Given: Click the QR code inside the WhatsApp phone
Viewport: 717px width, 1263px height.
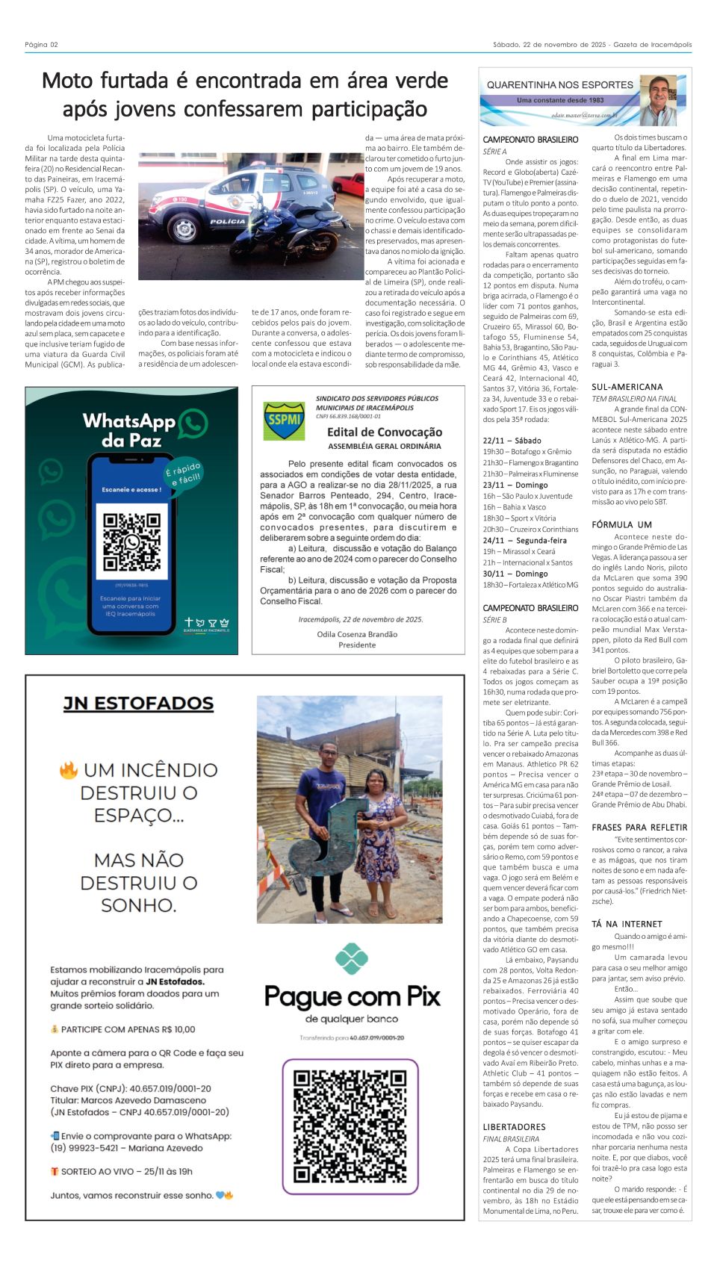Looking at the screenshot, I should point(131,542).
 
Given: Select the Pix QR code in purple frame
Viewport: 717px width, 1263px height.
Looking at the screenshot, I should point(350,1126).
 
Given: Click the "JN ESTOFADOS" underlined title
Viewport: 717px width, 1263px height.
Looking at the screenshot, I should point(138,704).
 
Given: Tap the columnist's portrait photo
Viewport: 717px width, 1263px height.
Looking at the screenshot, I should point(658,100).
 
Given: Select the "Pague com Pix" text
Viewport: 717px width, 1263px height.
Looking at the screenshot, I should point(352,997).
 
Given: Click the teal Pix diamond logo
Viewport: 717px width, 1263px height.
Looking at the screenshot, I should point(351,959).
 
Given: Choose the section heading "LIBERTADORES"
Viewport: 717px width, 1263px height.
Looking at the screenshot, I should point(514,1127).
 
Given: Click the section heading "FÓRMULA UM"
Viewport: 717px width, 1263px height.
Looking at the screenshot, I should point(621,525).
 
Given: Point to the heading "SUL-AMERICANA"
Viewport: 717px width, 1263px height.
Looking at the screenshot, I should point(627,387).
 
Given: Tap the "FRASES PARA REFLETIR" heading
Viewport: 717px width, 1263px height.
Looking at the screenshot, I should point(639,828).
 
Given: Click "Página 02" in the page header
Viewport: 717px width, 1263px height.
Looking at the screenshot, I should point(41,45).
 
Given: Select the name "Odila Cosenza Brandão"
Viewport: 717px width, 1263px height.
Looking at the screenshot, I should point(357,634).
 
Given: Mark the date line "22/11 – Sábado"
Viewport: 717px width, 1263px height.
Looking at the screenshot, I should point(512,441).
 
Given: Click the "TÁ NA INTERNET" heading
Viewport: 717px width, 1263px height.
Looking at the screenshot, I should point(627,924).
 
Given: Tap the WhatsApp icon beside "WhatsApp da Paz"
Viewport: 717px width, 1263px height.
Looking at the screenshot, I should point(193,423).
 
